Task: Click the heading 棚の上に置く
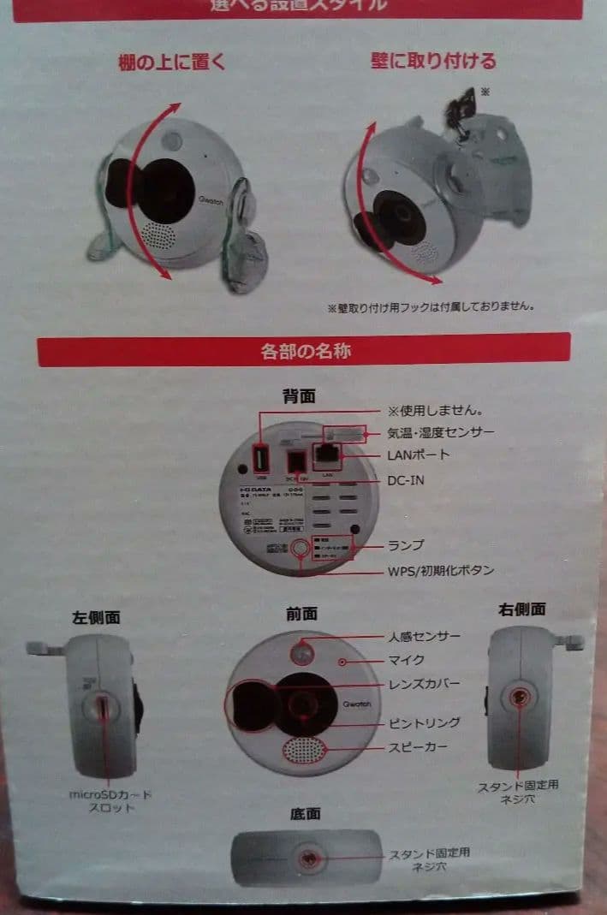171,62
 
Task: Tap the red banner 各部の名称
303,350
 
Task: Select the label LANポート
417,454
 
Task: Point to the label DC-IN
406,480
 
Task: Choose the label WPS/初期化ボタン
440,570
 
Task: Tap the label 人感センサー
424,637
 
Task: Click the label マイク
406,660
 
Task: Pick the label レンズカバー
424,684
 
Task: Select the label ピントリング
424,723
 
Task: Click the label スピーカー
418,747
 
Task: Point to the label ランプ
406,544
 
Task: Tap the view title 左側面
96,615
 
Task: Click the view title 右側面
522,609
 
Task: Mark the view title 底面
305,812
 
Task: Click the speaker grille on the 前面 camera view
306,751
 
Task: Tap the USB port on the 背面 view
262,462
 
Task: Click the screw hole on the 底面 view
306,857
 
